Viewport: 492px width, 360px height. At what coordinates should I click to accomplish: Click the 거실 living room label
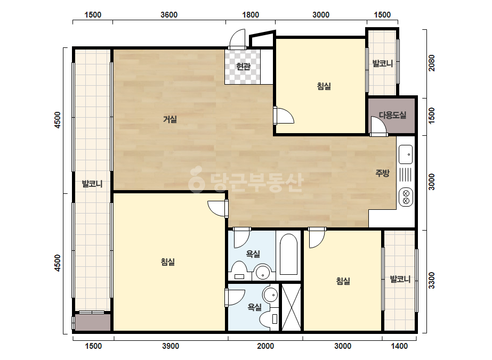(x=170, y=119)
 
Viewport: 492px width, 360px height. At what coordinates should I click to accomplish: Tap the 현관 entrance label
(x=243, y=67)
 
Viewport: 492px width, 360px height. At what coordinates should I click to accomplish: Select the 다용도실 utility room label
(x=392, y=115)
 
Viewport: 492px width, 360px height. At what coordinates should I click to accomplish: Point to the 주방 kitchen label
(x=383, y=173)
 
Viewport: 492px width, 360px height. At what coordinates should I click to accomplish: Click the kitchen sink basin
(x=406, y=154)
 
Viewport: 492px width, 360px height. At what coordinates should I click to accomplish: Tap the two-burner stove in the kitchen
(x=406, y=197)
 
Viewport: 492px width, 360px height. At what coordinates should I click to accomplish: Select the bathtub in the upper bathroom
(x=288, y=255)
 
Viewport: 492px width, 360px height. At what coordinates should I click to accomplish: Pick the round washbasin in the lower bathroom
(x=270, y=295)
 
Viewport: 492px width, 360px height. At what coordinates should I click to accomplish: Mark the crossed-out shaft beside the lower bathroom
(x=291, y=307)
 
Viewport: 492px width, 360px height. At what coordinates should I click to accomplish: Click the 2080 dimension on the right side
(x=432, y=63)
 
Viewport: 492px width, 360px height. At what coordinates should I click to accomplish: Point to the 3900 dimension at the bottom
(x=171, y=346)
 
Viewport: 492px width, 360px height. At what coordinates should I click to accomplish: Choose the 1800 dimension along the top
(x=251, y=15)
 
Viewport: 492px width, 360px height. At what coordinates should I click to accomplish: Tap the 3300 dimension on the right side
(x=432, y=280)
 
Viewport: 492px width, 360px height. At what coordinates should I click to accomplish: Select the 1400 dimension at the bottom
(x=399, y=346)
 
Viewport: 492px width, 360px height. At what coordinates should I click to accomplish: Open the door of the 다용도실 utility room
(x=378, y=126)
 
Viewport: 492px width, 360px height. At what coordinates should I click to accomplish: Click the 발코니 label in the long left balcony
(x=92, y=184)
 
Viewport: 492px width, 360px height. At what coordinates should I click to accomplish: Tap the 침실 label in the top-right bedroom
(x=324, y=86)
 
